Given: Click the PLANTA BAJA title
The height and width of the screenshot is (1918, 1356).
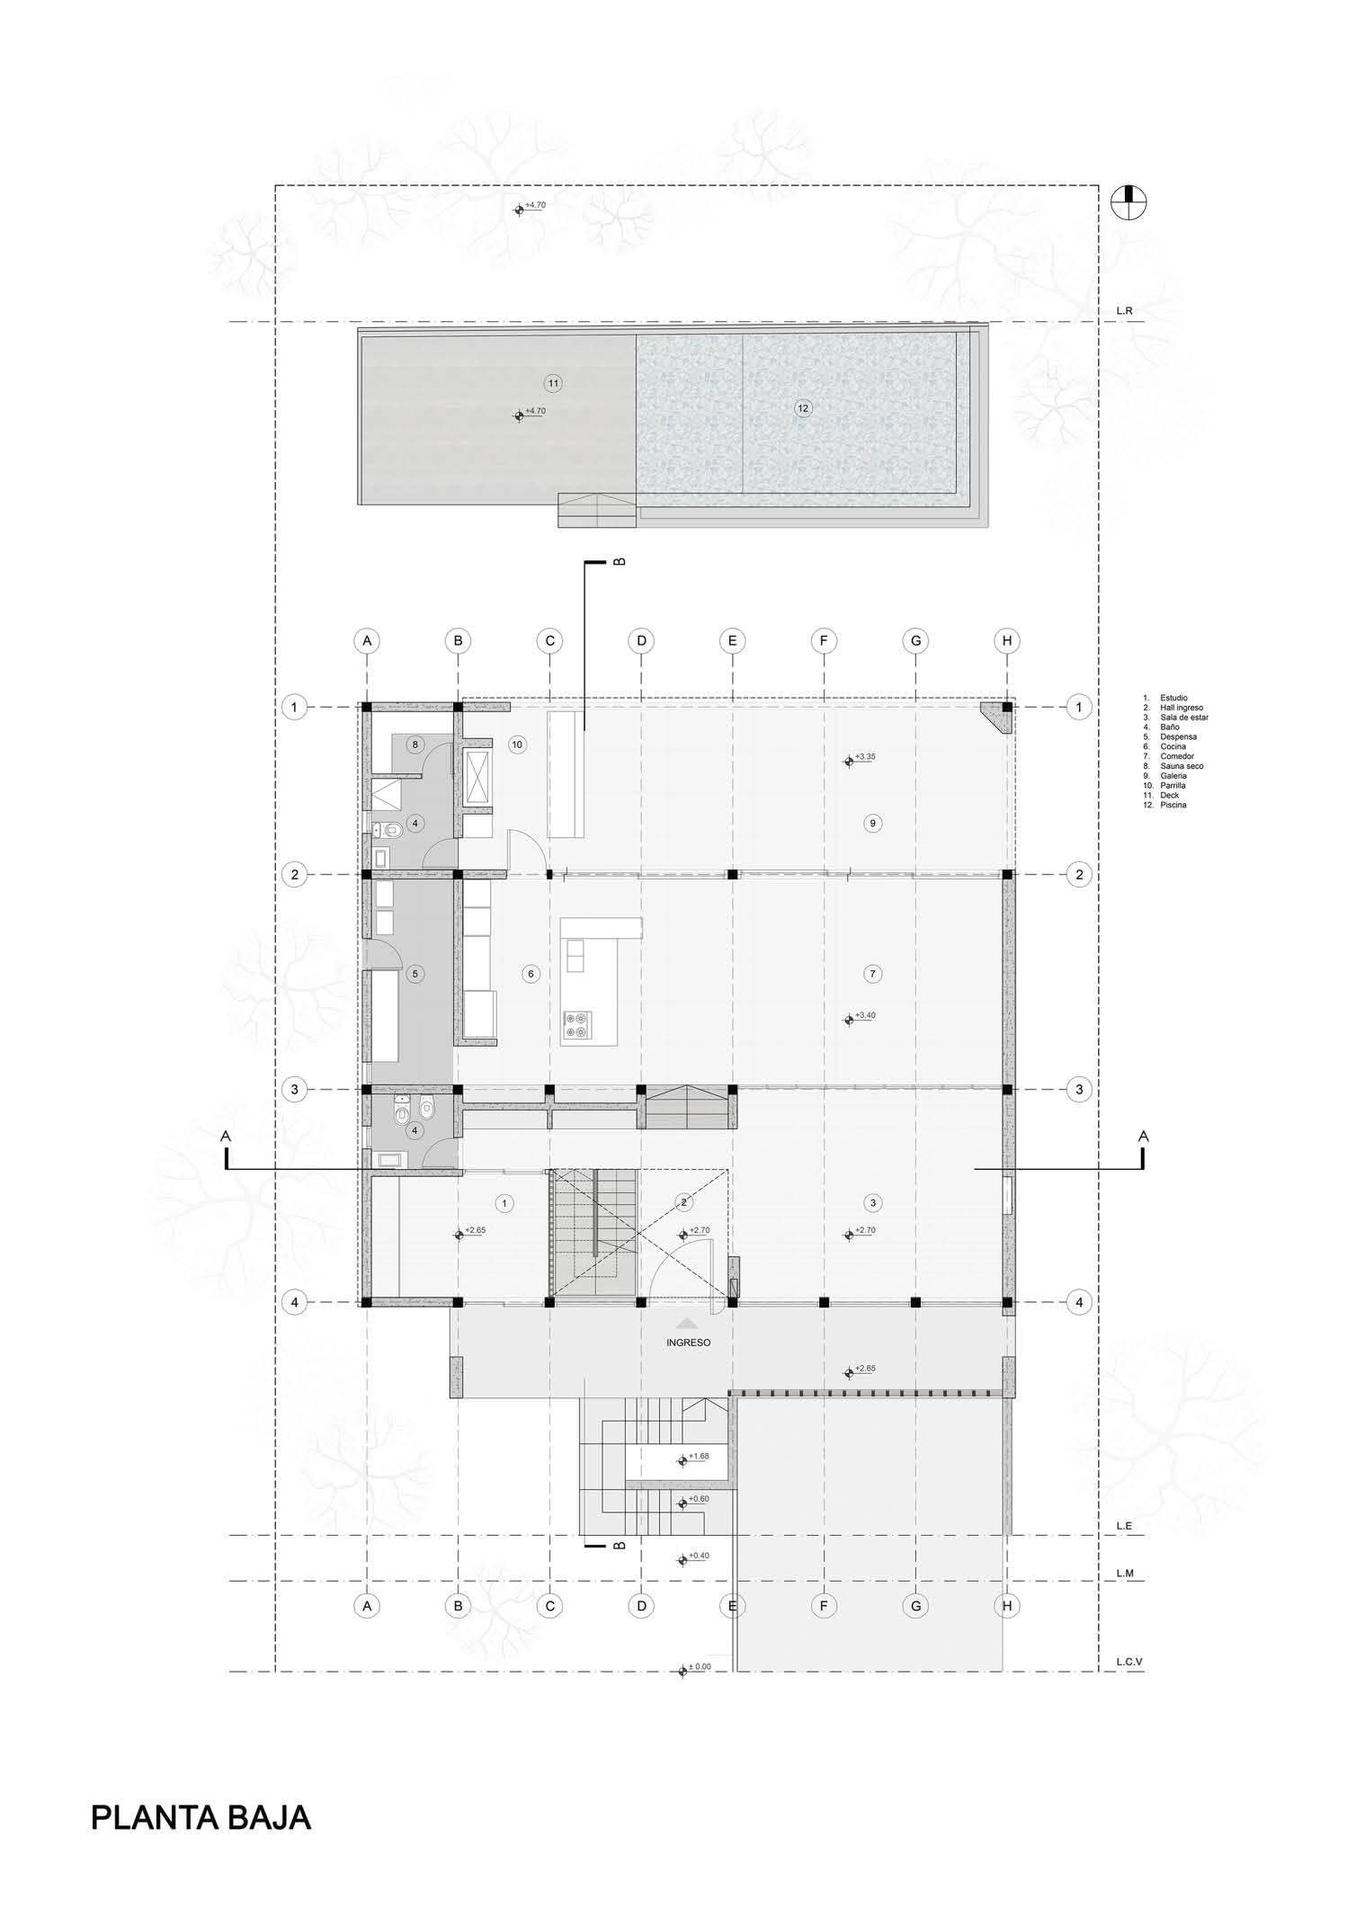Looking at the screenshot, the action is (201, 1817).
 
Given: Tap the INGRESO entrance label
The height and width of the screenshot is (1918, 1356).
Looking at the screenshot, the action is (688, 1343).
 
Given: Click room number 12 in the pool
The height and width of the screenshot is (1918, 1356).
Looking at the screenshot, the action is (803, 408).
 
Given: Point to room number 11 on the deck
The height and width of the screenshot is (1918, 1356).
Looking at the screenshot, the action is (553, 383).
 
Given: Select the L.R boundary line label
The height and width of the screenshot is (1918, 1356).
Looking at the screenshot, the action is (1124, 311).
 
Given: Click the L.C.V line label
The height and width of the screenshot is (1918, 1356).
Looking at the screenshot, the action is (1129, 1662).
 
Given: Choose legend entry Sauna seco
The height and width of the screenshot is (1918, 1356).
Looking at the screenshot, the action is (1182, 766).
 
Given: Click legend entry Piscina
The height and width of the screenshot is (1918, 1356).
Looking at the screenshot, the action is (1173, 805).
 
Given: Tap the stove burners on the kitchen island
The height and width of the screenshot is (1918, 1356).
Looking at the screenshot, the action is (577, 1025).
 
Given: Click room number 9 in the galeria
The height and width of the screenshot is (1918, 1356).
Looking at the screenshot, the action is (872, 823).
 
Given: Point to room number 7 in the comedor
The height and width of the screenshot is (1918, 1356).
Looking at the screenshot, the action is (872, 973).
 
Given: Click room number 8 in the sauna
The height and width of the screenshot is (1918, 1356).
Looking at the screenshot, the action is (415, 745).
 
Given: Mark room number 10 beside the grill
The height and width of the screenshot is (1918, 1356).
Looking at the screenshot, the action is (516, 745).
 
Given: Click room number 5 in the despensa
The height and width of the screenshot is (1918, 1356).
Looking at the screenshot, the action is (415, 973).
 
